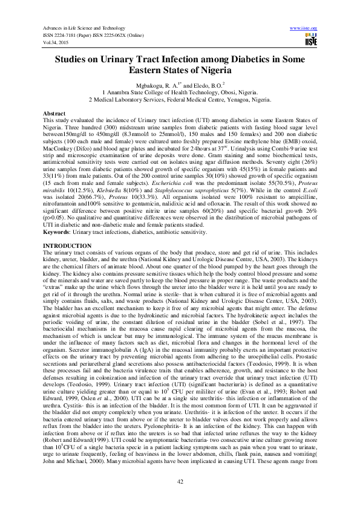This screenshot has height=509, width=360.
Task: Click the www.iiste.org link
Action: pos(304,28)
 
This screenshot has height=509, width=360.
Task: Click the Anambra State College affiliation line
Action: pos(180,92)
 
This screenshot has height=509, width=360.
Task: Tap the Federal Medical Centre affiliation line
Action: pos(180,100)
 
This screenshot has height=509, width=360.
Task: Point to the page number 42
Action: pos(180,481)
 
